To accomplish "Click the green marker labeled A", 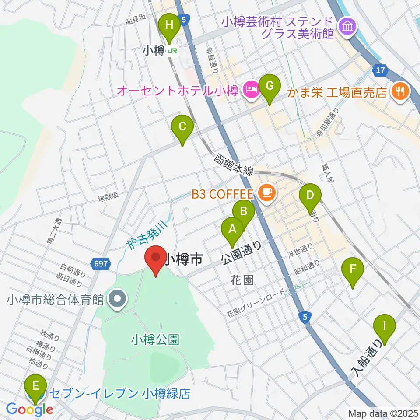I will [x=232, y=229].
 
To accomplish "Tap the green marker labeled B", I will [x=244, y=212].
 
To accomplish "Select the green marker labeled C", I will [x=183, y=127].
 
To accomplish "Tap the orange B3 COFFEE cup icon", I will [x=266, y=191].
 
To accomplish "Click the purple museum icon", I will [x=348, y=26].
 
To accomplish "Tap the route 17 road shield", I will [x=379, y=70].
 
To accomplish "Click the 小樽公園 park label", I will [x=155, y=339].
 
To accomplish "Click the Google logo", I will [x=30, y=409].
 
